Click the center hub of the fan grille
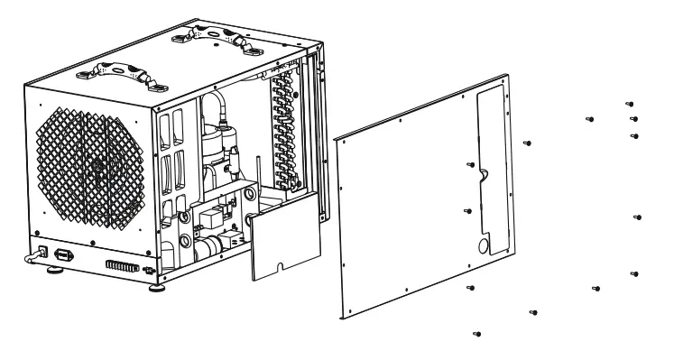[95, 168]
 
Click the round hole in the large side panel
[485, 245]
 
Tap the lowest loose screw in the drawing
[475, 334]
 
